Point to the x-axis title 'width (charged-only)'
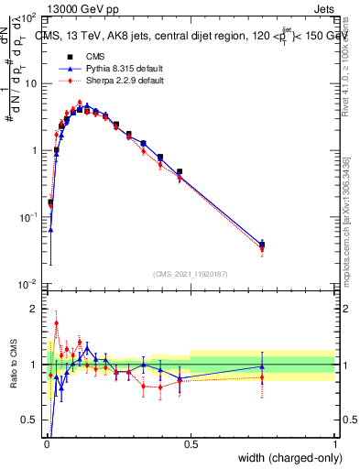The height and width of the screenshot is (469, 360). (284, 459)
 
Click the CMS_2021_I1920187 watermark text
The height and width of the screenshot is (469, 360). (191, 273)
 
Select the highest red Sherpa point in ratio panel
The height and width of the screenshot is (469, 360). (56, 322)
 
